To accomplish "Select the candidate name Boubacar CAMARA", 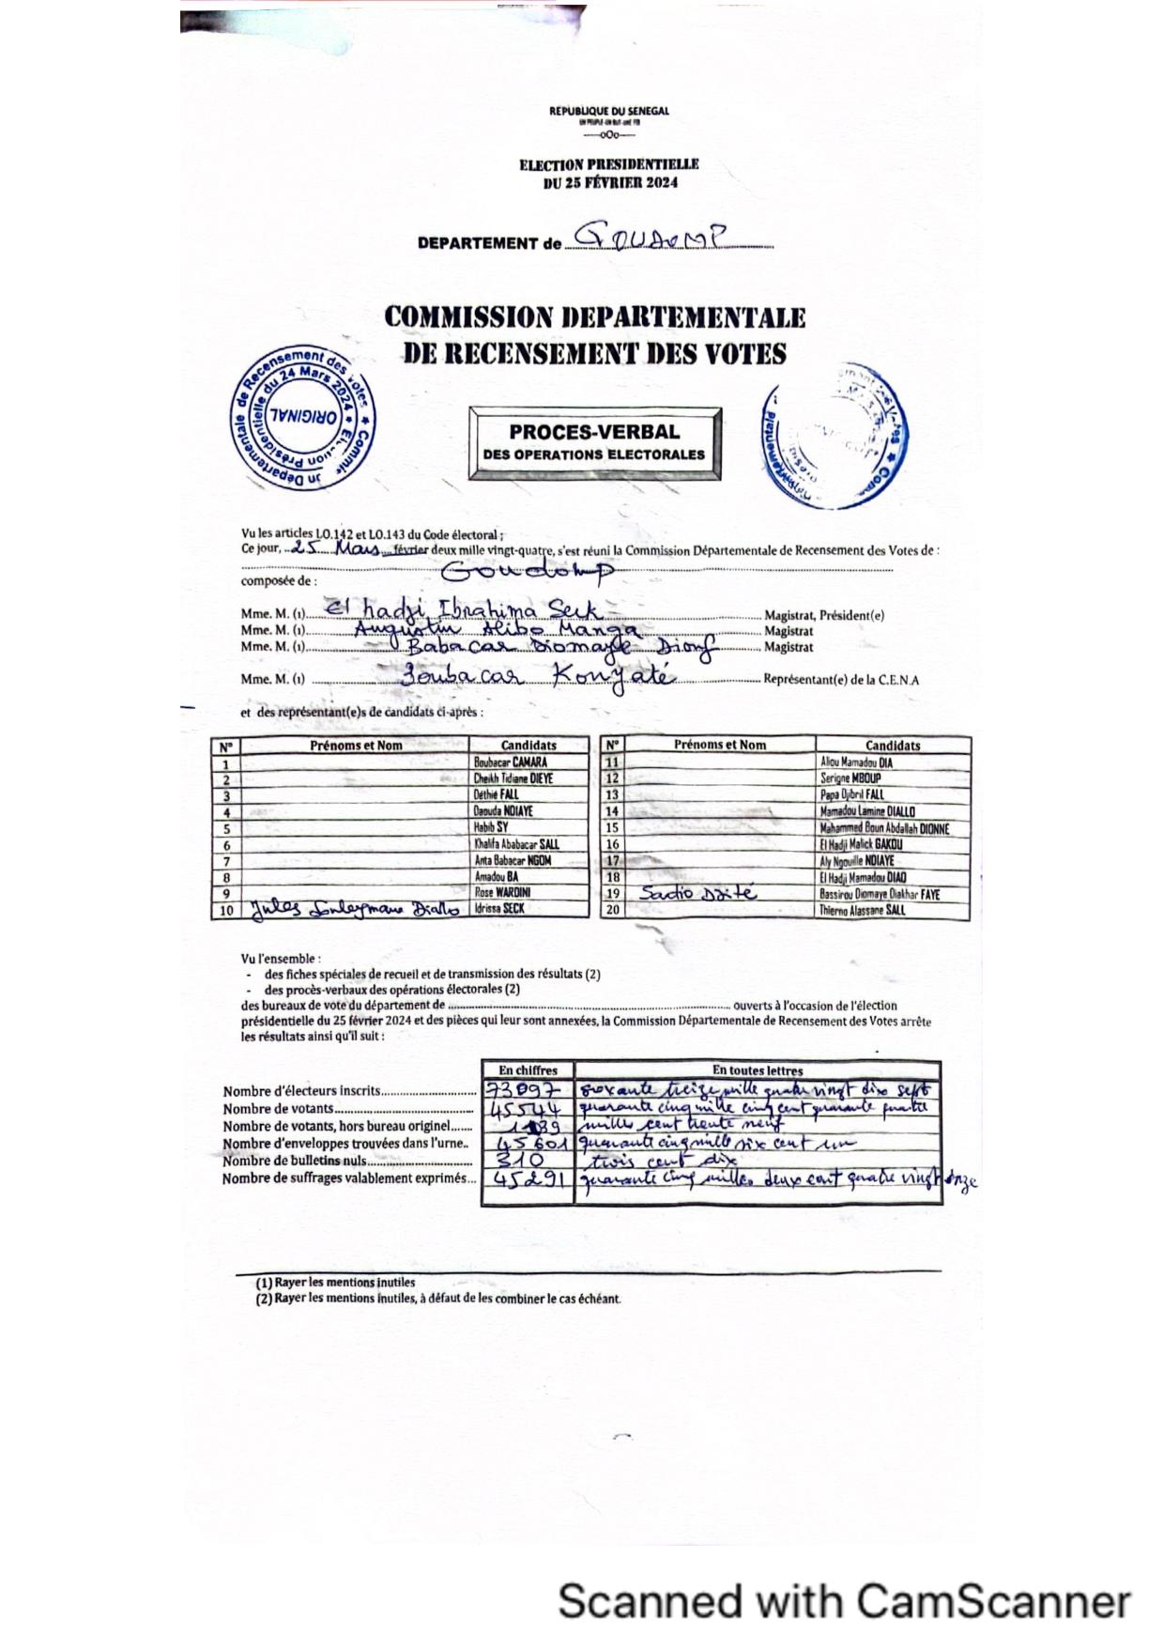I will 510,762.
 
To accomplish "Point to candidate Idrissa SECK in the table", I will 499,909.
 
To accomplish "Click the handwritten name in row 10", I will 353,909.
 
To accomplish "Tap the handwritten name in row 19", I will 697,893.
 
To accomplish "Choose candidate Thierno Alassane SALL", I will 862,910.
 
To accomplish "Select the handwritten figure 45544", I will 526,1109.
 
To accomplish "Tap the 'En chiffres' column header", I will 528,1070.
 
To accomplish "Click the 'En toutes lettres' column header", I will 758,1070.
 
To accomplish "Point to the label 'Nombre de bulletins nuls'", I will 295,1162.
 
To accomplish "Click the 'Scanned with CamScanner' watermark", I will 844,1600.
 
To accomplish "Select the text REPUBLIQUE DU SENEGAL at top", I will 609,111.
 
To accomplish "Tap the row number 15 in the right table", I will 612,828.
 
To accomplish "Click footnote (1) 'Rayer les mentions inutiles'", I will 335,1283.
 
